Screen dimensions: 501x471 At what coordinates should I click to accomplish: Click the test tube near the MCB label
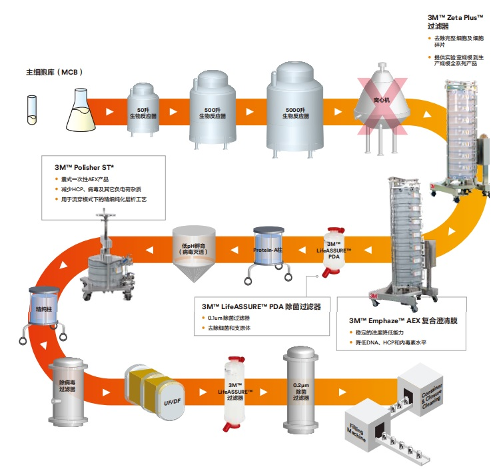click(x=31, y=110)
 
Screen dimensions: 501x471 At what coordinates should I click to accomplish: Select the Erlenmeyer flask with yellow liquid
click(x=81, y=110)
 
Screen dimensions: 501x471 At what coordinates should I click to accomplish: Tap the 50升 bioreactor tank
click(x=143, y=109)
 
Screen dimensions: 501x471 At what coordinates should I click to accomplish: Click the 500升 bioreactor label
click(x=213, y=113)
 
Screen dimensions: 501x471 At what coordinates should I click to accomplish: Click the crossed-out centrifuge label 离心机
click(x=382, y=100)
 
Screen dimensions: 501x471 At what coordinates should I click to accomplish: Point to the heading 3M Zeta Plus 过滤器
click(x=455, y=22)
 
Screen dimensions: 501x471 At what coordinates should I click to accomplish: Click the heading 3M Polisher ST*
click(x=85, y=167)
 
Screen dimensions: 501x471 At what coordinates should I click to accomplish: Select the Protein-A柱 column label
click(x=268, y=250)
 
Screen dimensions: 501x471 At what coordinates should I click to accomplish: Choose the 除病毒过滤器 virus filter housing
click(x=68, y=392)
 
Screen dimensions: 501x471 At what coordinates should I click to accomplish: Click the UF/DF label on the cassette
click(x=173, y=402)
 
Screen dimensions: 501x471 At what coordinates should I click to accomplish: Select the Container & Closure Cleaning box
click(x=421, y=389)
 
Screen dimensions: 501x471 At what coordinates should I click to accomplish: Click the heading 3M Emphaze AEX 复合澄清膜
click(x=403, y=320)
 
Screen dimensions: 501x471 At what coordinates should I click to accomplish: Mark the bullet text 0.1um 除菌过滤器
click(x=229, y=318)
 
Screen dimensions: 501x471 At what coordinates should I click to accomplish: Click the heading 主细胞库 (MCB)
click(x=55, y=72)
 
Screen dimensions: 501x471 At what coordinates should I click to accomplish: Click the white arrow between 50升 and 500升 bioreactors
click(x=173, y=111)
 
